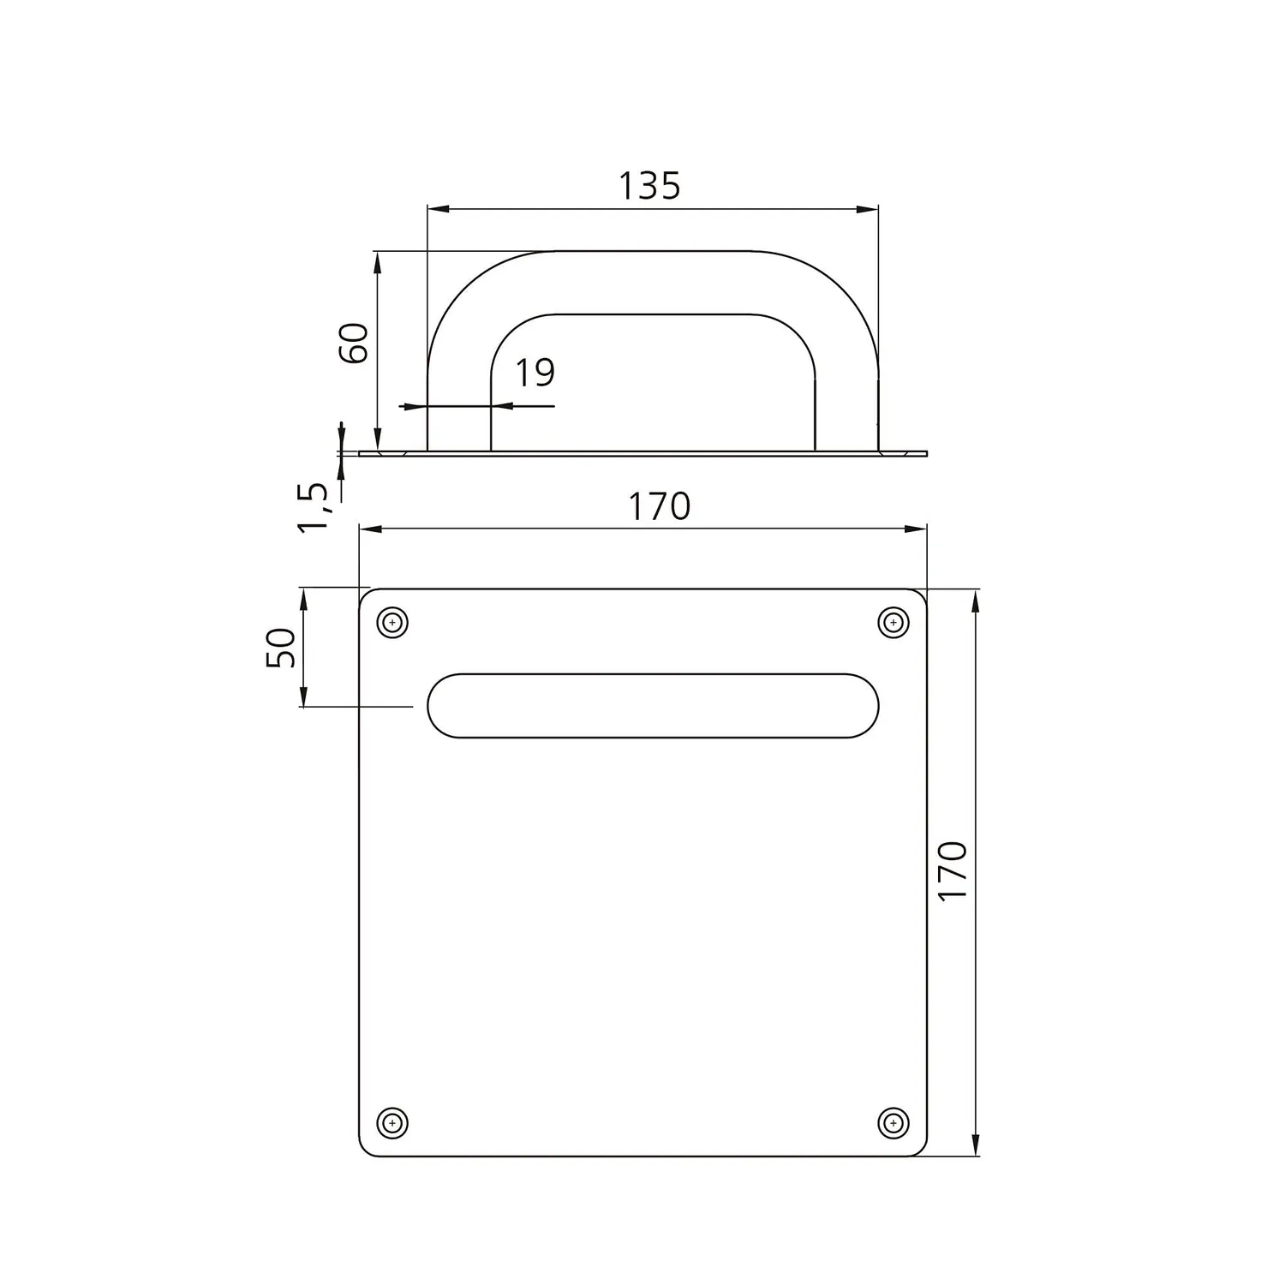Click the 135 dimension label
click(x=649, y=185)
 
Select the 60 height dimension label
click(x=354, y=343)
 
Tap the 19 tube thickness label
click(x=535, y=372)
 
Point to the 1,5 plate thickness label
click(x=314, y=506)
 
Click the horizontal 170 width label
click(x=659, y=506)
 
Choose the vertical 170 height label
click(x=953, y=870)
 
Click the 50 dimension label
click(x=282, y=648)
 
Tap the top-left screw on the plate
click(x=392, y=622)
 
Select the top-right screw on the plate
click(x=894, y=622)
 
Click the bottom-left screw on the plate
click(x=392, y=1122)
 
